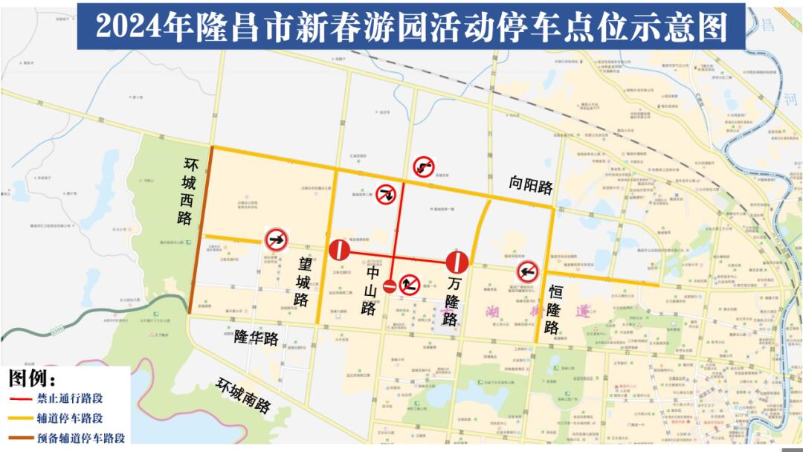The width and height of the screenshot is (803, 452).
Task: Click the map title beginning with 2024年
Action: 411,26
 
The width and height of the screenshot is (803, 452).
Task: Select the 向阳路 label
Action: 531,186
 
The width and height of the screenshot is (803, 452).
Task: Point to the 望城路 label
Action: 303,281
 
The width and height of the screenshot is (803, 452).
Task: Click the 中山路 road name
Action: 370,291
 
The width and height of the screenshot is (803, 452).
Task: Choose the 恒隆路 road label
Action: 553,309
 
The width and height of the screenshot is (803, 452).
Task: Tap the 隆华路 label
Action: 257,337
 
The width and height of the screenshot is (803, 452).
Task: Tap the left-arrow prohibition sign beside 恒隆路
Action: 527,271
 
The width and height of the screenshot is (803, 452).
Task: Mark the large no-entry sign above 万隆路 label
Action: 457,262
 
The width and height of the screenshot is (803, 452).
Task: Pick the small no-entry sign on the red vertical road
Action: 390,285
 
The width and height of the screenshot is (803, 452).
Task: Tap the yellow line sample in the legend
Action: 20,419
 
